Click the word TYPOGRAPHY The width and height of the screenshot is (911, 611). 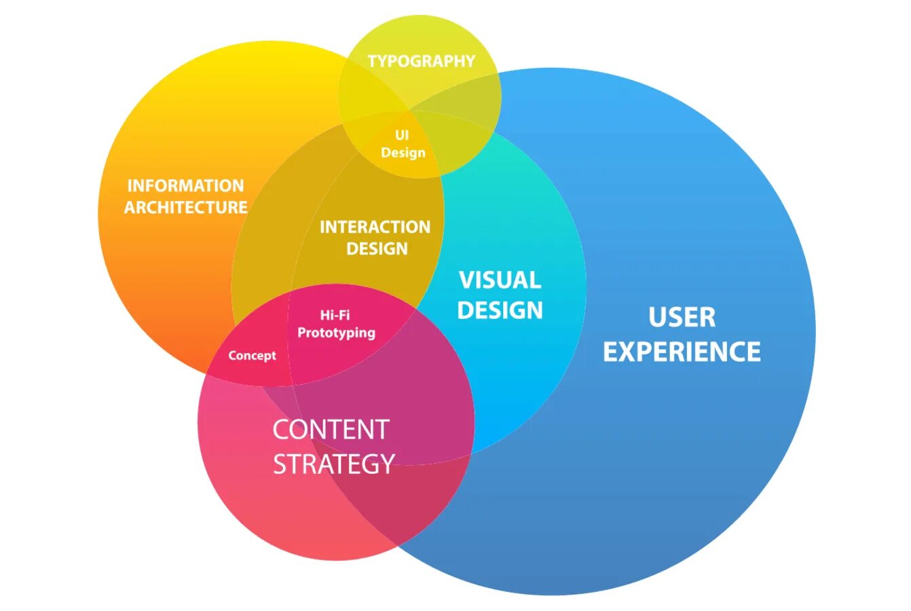point(421,61)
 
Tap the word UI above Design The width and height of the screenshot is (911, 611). point(402,136)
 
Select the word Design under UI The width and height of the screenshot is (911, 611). point(403,153)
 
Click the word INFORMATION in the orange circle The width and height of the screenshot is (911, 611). point(185,185)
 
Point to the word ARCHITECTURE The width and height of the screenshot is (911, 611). point(185,207)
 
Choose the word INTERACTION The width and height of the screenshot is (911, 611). point(375,227)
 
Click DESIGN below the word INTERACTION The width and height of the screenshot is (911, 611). point(377,248)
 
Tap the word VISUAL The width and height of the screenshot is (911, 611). point(500,280)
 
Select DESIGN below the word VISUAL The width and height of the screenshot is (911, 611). point(500,310)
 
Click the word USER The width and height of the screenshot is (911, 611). point(682,317)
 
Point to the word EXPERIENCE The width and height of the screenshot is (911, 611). point(682,352)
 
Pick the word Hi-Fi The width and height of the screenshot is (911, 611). point(335,315)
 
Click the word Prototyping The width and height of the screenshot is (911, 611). point(336,333)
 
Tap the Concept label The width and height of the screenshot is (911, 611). point(252,356)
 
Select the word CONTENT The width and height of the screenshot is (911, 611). point(331,430)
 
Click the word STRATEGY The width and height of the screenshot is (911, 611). point(333,464)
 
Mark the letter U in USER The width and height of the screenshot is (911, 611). point(657,317)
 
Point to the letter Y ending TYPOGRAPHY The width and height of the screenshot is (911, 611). point(469,61)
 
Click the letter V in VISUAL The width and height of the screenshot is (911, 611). point(466,280)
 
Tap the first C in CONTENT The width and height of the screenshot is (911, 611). point(280,430)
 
